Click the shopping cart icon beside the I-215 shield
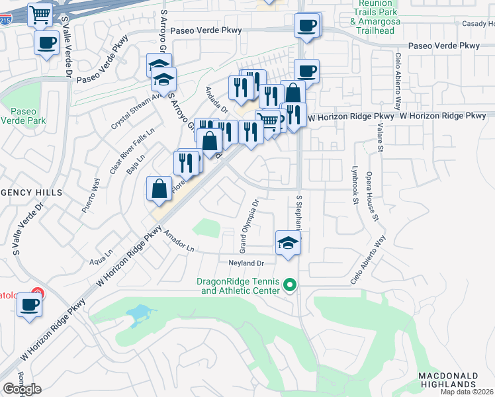point(40,14)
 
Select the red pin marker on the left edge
point(38,293)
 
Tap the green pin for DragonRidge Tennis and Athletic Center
point(289,286)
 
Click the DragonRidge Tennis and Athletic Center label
point(243,286)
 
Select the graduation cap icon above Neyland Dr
point(287,242)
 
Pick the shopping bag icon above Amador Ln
point(159,189)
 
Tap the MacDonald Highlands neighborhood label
point(448,380)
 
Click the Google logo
point(22,388)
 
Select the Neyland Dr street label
point(247,263)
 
